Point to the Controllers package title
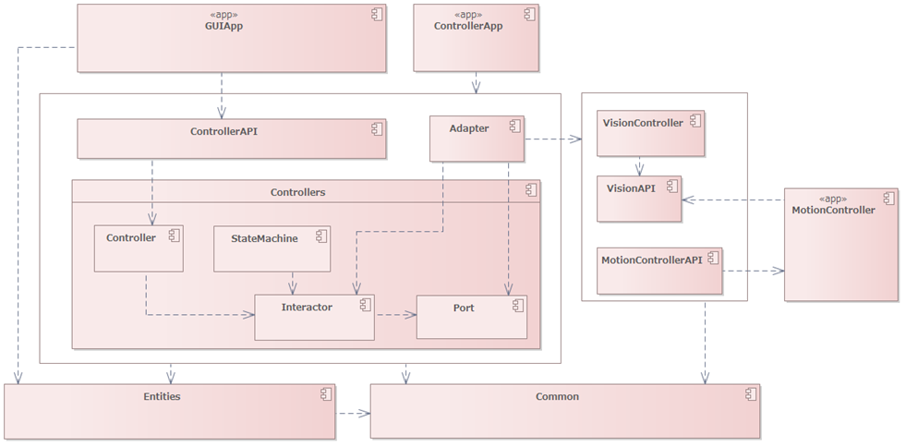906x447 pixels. tap(297, 192)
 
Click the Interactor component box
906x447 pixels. tap(314, 316)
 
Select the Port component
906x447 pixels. tap(471, 317)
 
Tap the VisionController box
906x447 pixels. tap(650, 134)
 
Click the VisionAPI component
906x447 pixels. tap(639, 199)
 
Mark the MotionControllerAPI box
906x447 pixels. tap(659, 271)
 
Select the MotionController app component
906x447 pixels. tap(840, 244)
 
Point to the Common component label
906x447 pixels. tap(557, 396)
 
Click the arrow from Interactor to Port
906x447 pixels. tap(395, 314)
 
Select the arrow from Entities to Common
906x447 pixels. tap(352, 412)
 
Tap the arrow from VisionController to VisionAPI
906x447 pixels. tap(639, 166)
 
